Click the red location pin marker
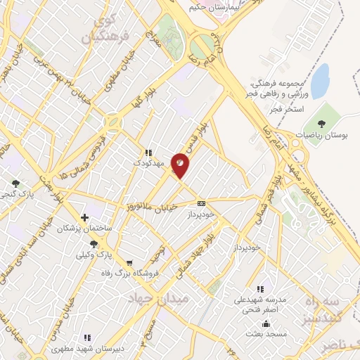(181, 164)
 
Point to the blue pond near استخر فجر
(320, 81)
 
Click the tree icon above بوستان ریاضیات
(330, 113)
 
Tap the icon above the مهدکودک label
(148, 153)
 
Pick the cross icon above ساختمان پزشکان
(85, 218)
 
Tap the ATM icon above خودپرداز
(202, 203)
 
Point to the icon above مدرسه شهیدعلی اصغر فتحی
(260, 289)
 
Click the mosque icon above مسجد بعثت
(266, 324)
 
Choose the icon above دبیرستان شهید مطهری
(86, 337)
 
